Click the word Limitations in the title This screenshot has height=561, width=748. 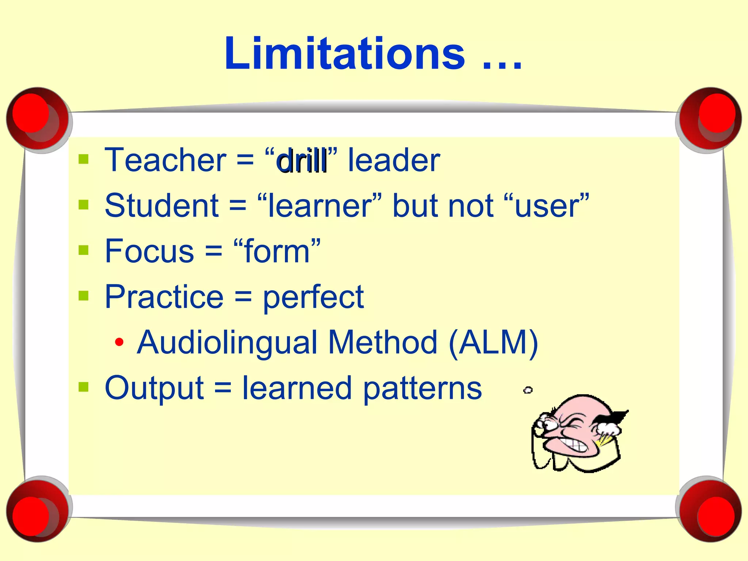344,54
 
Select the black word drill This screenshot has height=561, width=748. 302,161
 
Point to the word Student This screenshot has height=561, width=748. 161,206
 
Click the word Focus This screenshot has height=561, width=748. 149,251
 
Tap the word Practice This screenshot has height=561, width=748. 164,297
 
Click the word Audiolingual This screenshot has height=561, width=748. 227,343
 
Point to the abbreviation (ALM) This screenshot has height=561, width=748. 493,343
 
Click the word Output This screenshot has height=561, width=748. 154,389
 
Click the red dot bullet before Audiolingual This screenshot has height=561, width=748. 119,342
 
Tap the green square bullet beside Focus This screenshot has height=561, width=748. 84,250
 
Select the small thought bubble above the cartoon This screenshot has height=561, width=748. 528,390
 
